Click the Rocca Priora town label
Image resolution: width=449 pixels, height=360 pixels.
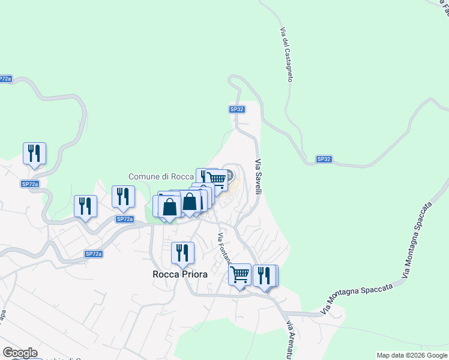(180, 274)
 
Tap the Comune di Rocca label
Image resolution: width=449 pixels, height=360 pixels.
(161, 177)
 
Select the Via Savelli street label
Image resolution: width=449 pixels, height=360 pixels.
(259, 177)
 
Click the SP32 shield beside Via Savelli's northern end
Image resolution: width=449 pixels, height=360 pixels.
(237, 109)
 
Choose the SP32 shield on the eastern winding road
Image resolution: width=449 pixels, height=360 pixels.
(324, 159)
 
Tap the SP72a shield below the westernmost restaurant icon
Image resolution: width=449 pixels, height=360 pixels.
(29, 184)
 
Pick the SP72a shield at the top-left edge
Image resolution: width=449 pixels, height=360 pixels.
(5, 79)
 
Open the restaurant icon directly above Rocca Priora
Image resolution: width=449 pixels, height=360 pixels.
(182, 253)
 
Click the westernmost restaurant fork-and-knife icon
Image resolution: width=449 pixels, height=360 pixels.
(34, 153)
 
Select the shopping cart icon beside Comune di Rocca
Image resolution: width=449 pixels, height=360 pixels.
(217, 178)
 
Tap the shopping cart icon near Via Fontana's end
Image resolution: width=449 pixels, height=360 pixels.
(240, 275)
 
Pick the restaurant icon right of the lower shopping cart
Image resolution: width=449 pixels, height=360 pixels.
(265, 275)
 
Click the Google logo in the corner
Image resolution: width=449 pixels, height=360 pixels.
(19, 353)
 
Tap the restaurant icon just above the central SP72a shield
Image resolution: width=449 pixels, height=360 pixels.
(123, 196)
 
